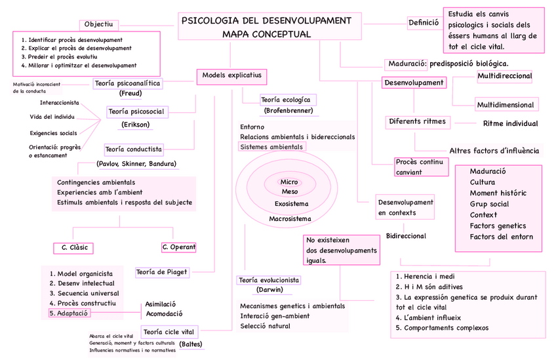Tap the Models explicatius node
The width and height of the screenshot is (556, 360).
[x=231, y=76]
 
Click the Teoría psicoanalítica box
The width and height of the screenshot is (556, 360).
[x=128, y=84]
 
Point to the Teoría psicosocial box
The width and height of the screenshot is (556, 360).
[x=136, y=112]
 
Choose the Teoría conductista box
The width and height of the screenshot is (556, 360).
[x=134, y=150]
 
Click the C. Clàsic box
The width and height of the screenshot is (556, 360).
[x=74, y=248]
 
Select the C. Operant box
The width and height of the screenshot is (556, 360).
[x=178, y=247]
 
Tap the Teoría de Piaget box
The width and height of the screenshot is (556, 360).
[x=162, y=272]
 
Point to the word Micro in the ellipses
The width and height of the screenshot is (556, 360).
[x=289, y=182]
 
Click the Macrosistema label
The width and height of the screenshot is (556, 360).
[x=288, y=218]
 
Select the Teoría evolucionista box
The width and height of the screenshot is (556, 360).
[x=269, y=280]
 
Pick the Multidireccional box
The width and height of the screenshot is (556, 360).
[x=504, y=77]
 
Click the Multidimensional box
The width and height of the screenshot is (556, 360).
[x=505, y=105]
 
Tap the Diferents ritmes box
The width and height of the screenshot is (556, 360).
[x=417, y=121]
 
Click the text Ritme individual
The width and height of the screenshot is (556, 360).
[x=510, y=123]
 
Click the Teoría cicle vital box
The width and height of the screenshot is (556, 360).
[x=170, y=332]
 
